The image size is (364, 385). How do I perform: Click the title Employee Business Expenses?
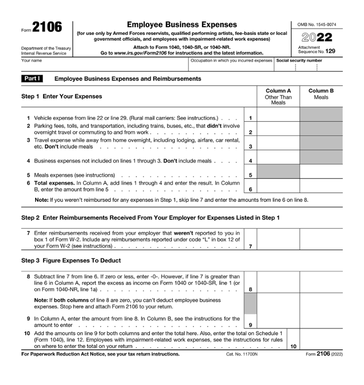(x=181, y=25)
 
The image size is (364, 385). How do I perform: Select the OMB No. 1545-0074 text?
(x=317, y=24)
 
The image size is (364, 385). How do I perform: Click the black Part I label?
(x=32, y=79)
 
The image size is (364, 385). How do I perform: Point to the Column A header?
(x=278, y=91)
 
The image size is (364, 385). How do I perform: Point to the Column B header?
(x=321, y=91)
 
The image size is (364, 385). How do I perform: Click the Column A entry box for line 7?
(x=278, y=240)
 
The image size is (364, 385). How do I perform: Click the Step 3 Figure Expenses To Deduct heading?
(x=71, y=261)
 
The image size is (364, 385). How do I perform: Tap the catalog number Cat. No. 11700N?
(x=239, y=354)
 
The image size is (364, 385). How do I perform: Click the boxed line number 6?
(x=250, y=189)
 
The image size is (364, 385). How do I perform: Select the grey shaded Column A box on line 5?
(x=278, y=172)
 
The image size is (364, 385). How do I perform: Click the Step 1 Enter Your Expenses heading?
(x=62, y=96)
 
